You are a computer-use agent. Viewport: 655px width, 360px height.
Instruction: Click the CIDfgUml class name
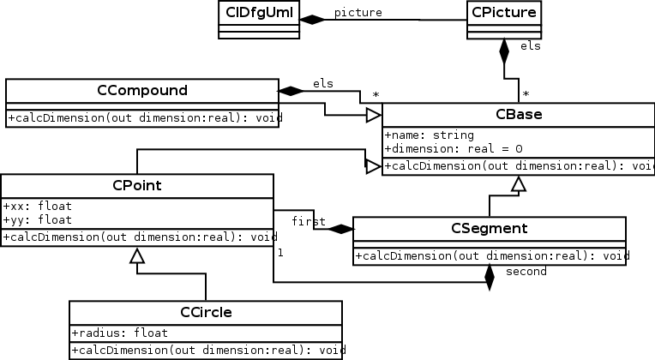click(257, 12)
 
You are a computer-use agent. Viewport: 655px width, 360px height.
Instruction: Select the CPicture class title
click(503, 12)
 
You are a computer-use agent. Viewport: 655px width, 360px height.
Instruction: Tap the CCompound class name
click(141, 90)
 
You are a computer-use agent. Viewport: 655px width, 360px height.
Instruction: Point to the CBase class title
click(518, 115)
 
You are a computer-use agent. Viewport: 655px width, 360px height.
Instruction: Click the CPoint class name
click(137, 185)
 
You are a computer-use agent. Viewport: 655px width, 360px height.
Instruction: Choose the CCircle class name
click(206, 312)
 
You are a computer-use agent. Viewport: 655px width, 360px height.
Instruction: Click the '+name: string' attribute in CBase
click(429, 135)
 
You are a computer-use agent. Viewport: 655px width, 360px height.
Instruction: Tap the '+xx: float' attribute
click(38, 207)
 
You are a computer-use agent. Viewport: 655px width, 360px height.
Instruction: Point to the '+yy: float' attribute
click(38, 219)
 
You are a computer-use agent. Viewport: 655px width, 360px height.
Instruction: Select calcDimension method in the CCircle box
click(206, 351)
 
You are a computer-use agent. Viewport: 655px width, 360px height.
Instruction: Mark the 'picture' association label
click(358, 12)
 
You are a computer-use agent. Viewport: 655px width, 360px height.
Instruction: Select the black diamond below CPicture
click(504, 51)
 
